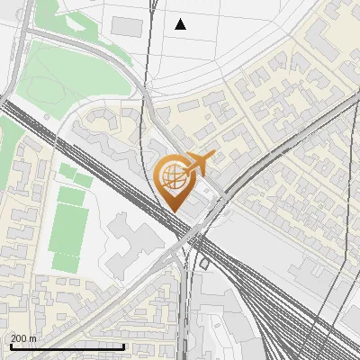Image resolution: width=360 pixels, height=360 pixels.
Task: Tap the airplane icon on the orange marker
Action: tap(197, 164)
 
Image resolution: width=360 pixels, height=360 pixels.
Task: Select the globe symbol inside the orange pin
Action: tap(173, 176)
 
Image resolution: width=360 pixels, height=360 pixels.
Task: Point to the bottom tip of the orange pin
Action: tap(174, 211)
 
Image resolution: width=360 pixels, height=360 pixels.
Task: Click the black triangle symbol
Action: tap(180, 24)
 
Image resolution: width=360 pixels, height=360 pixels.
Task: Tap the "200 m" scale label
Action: tap(23, 337)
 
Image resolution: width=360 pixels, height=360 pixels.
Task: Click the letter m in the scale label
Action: tap(32, 337)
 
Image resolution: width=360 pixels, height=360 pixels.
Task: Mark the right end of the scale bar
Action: tap(123, 346)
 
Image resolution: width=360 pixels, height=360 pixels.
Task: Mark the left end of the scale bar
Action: tap(11, 346)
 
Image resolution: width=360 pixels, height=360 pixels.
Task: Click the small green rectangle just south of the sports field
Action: tap(66, 262)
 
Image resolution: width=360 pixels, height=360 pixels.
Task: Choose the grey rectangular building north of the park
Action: tap(126, 27)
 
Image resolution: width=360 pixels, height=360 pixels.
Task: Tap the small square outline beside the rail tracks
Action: tap(204, 264)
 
